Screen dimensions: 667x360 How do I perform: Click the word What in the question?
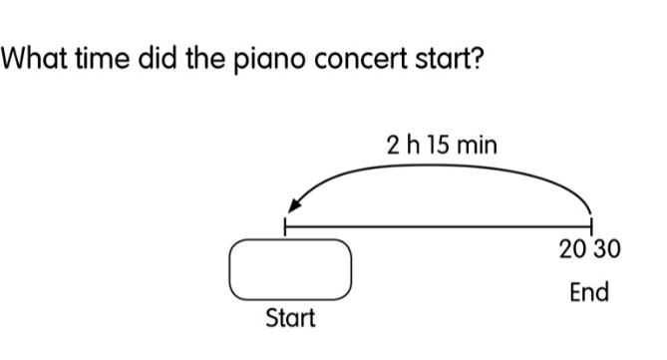pos(34,58)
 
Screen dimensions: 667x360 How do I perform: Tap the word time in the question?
pos(102,58)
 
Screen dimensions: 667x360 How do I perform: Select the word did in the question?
pos(157,58)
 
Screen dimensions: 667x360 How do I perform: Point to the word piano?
pos(269,61)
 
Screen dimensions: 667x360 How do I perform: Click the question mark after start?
pos(477,58)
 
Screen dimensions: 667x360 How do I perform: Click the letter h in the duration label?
pos(413,145)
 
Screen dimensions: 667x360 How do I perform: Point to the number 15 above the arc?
pos(437,145)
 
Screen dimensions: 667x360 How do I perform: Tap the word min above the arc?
pos(476,145)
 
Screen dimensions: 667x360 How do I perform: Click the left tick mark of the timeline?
pos(285,226)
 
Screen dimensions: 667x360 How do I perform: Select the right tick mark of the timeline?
pos(591,225)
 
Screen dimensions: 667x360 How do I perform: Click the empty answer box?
pos(290,269)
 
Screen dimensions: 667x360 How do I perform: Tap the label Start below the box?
pos(290,318)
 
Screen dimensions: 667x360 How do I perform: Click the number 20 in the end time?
pos(573,249)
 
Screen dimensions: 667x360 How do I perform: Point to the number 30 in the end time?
pos(607,249)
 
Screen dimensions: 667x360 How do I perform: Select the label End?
pos(589,292)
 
